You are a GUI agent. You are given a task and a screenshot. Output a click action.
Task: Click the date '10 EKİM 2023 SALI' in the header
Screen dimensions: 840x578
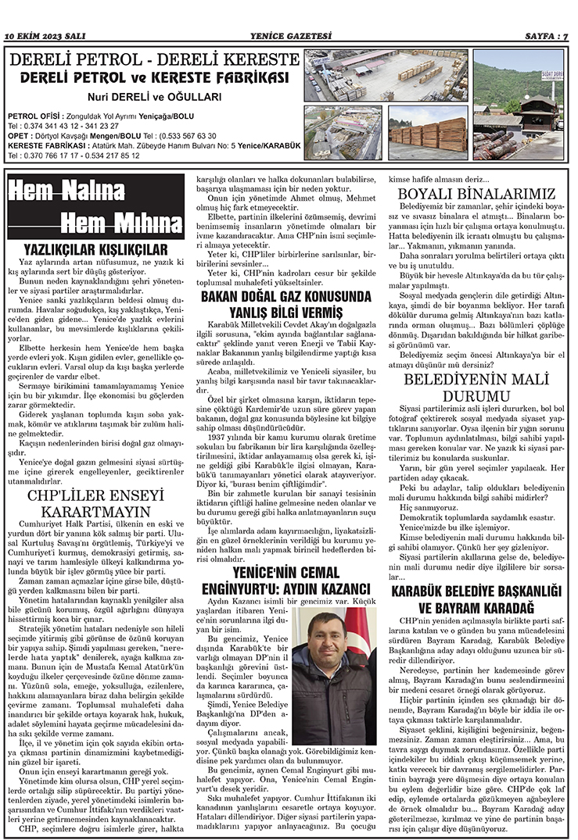[45, 36]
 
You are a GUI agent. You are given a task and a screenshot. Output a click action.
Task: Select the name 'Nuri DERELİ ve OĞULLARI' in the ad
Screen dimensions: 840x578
[154, 97]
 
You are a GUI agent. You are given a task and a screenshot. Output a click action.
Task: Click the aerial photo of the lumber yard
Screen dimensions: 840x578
[386, 75]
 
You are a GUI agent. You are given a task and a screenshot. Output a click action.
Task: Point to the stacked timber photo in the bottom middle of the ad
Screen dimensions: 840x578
[426, 133]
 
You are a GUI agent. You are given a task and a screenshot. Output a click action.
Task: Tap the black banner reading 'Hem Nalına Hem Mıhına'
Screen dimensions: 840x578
[96, 207]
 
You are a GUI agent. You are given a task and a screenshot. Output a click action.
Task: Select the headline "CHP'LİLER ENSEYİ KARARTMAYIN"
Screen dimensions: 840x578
[95, 502]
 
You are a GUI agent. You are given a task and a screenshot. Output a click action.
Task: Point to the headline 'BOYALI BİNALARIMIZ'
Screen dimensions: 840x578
[476, 193]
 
